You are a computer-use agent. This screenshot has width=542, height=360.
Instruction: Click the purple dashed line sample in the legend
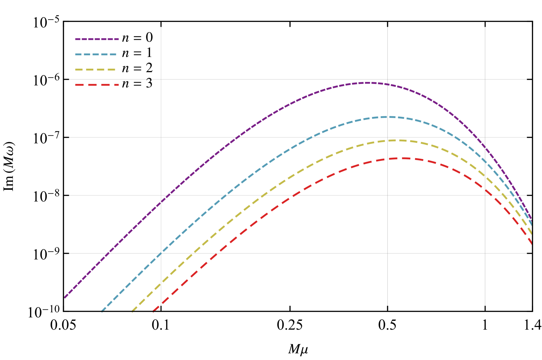point(97,39)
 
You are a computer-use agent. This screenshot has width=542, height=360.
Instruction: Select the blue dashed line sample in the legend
point(96,55)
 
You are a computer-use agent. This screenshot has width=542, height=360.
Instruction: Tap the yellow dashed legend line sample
point(95,70)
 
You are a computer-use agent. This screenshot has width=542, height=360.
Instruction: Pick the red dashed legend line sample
point(97,85)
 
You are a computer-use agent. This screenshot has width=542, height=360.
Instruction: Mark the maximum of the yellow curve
point(396,140)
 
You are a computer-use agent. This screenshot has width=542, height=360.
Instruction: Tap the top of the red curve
point(403,158)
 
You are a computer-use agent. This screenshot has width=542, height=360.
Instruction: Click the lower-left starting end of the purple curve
point(65,297)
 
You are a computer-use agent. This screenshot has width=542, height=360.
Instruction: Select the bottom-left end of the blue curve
point(102,312)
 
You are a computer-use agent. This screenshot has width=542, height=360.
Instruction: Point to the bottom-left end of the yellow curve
point(132,312)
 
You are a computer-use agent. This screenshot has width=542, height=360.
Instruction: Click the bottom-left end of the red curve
point(153,312)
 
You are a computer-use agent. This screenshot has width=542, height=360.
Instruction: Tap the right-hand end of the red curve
point(532,243)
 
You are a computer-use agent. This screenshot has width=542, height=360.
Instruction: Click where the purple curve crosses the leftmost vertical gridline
point(161,202)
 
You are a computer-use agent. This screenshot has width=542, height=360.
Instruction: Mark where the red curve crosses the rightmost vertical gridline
point(485,190)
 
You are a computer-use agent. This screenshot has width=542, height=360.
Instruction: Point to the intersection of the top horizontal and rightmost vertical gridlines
point(485,79)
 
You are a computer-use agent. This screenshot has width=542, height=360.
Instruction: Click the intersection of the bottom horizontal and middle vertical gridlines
point(388,253)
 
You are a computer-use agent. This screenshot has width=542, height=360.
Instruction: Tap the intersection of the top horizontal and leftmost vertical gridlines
point(161,79)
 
